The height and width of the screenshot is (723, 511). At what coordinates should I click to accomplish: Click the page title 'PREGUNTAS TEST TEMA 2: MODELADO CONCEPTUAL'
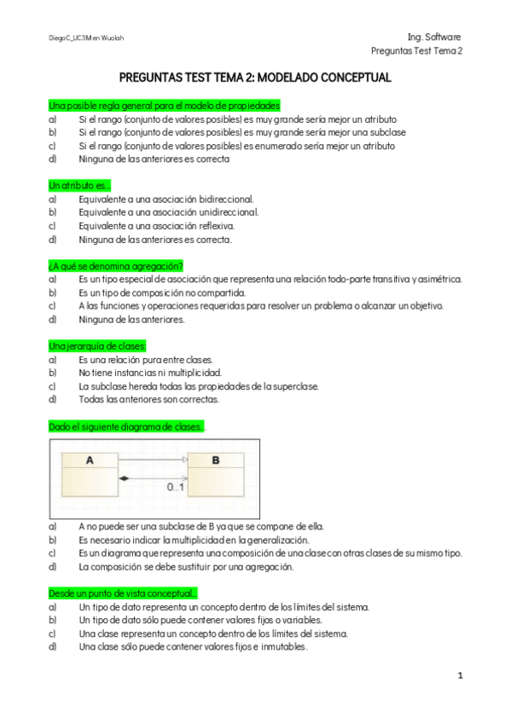point(255,78)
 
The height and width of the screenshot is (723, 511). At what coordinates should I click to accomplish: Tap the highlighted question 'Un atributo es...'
point(79,185)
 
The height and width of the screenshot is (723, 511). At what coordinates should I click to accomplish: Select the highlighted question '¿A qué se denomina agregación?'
point(116,265)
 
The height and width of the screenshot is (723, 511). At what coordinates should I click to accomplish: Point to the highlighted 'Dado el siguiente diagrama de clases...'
point(126,425)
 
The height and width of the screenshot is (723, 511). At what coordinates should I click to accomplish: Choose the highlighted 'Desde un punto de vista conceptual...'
point(123,593)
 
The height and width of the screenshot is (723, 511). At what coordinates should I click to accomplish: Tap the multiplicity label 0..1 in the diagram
point(176,488)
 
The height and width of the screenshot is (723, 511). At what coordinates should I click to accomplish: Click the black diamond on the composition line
point(125,478)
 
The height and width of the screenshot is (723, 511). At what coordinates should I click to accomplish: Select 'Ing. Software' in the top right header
point(434,38)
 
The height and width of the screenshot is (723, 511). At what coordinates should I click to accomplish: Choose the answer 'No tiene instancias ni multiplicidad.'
point(150,373)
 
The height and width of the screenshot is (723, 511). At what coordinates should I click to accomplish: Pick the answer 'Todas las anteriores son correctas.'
point(149,399)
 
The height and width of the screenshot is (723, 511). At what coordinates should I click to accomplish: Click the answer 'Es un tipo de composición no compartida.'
point(162,292)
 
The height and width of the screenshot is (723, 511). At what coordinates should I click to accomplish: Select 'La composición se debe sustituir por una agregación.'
point(186,566)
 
